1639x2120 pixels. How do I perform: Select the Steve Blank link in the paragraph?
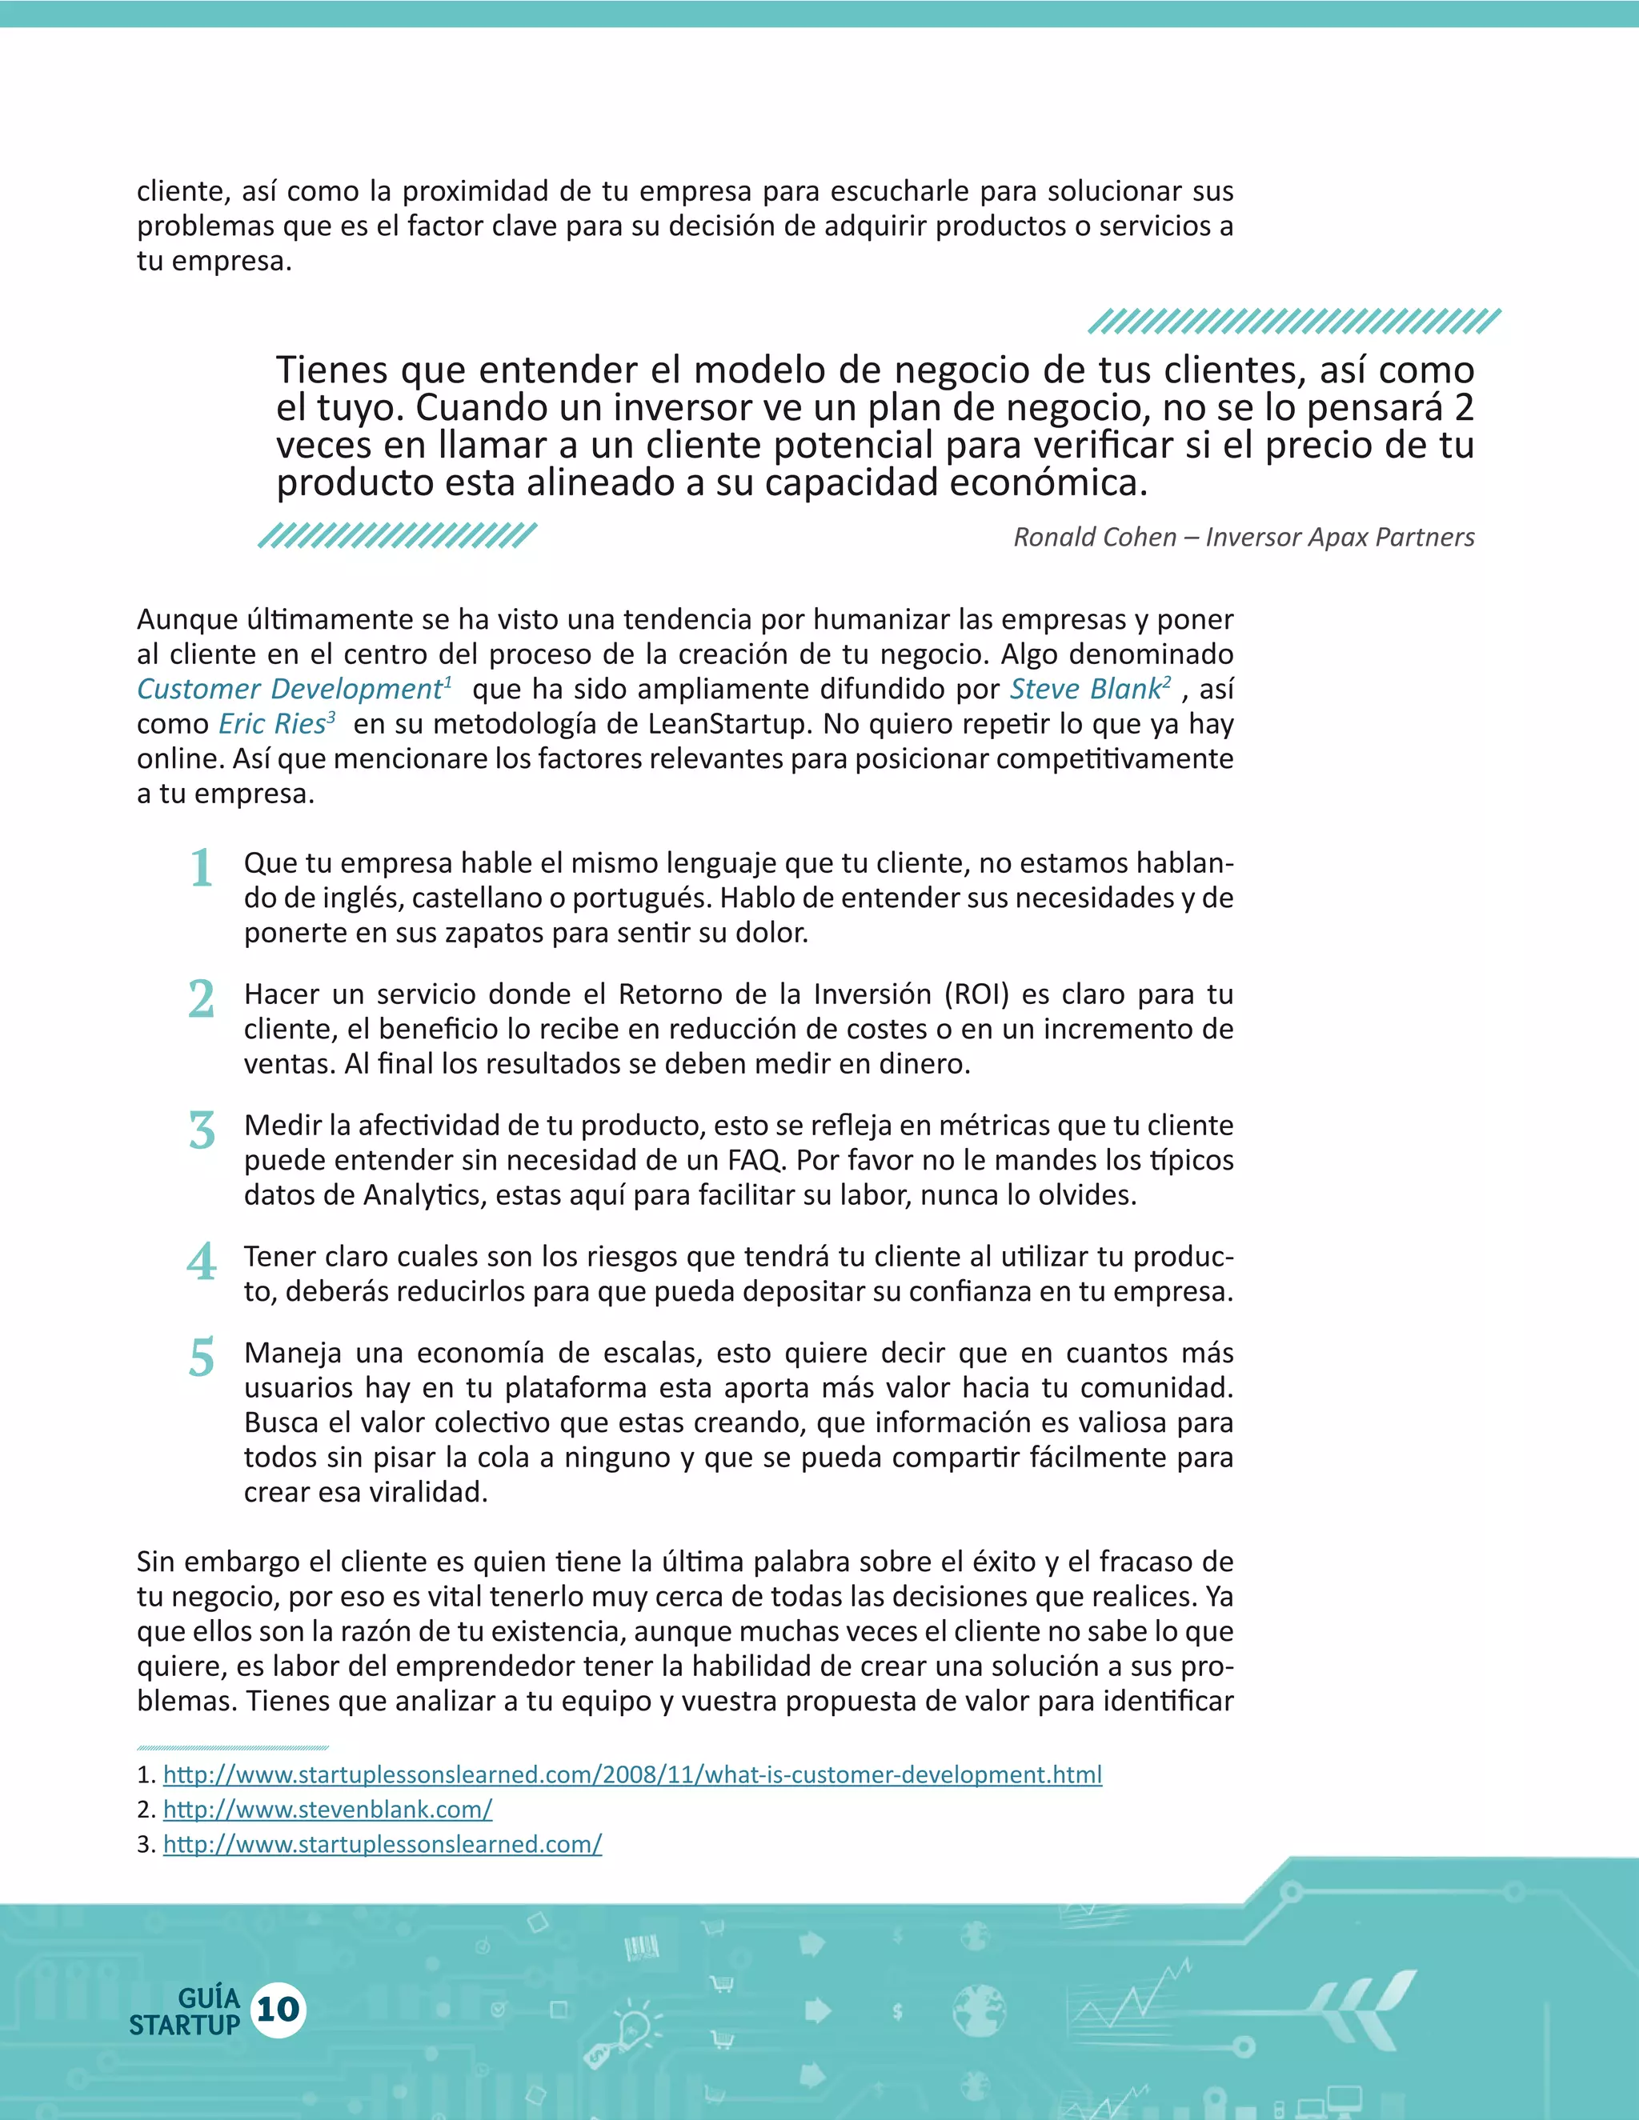click(x=1084, y=689)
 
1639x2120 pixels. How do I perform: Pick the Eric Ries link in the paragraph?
click(x=271, y=724)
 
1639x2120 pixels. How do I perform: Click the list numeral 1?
click(x=201, y=868)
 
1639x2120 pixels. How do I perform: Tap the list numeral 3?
click(x=201, y=1131)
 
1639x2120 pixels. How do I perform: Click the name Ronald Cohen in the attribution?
click(x=1094, y=537)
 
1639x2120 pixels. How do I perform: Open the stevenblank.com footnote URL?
click(x=327, y=1810)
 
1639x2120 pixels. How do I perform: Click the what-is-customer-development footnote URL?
click(x=632, y=1774)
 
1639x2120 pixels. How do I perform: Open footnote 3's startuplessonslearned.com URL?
click(x=383, y=1844)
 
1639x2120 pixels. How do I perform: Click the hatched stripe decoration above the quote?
click(x=1293, y=322)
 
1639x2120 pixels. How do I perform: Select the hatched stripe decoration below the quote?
click(x=397, y=535)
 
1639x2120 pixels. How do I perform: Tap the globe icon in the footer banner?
click(x=978, y=2007)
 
